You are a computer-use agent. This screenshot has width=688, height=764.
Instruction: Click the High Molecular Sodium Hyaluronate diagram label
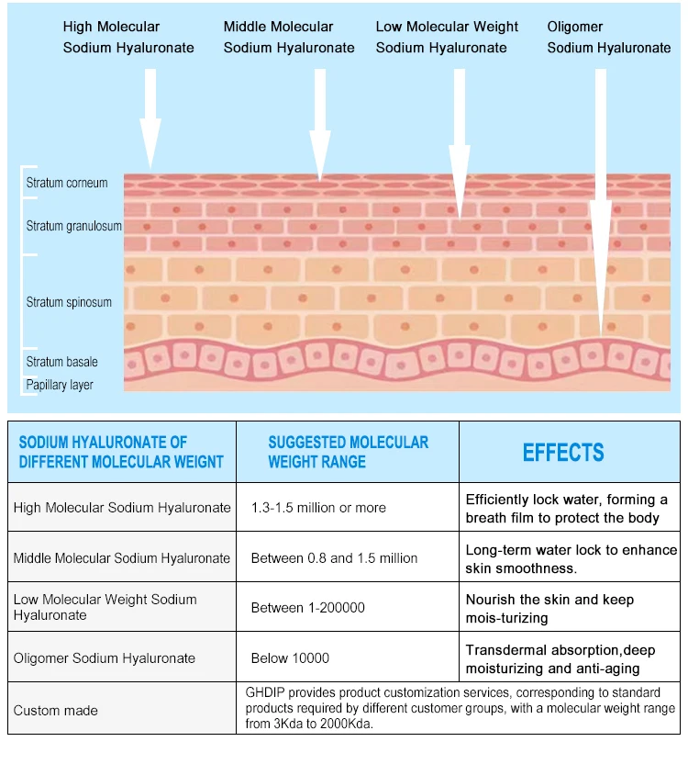pyautogui.click(x=128, y=37)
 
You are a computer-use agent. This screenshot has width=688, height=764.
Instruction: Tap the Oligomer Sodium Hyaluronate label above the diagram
pyautogui.click(x=609, y=37)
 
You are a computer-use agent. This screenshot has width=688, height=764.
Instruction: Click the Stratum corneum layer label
pyautogui.click(x=67, y=183)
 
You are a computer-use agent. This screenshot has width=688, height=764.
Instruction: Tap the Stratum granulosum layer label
pyautogui.click(x=73, y=226)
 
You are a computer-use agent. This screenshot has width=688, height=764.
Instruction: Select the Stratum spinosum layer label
pyautogui.click(x=69, y=302)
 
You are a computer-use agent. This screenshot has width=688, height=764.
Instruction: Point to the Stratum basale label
pyautogui.click(x=61, y=362)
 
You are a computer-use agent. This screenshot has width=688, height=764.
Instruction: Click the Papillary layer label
pyautogui.click(x=60, y=385)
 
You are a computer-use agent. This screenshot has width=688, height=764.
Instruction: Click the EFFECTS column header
pyautogui.click(x=563, y=453)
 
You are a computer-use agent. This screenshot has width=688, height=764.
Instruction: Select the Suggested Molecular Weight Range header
pyautogui.click(x=348, y=452)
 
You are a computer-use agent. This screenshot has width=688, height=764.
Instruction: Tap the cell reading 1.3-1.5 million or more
pyautogui.click(x=318, y=508)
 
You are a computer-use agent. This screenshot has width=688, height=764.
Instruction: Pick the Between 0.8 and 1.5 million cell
pyautogui.click(x=334, y=558)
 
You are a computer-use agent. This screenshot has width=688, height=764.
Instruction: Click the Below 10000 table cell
pyautogui.click(x=290, y=658)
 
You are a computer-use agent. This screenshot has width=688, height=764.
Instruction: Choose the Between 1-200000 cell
pyautogui.click(x=307, y=608)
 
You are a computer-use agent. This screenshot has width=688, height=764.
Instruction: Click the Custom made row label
pyautogui.click(x=55, y=711)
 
